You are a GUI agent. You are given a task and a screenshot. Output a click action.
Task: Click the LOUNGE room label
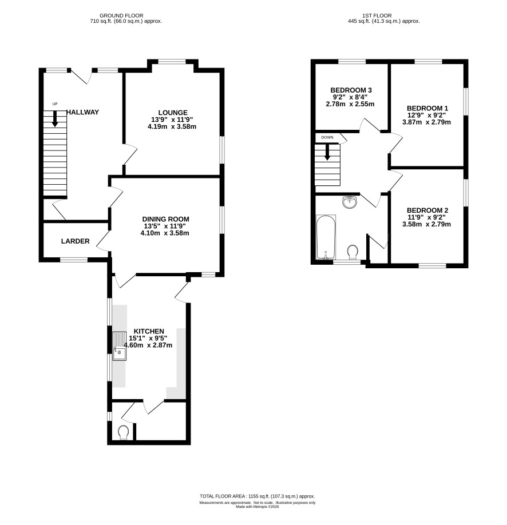173,113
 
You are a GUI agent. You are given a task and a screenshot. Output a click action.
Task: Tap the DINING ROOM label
165,219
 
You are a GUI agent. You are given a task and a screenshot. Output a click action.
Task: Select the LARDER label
76,241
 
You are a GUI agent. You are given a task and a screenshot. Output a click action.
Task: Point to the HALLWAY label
83,112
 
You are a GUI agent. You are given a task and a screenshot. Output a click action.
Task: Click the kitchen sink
120,346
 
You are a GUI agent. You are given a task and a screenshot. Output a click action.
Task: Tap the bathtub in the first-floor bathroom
326,237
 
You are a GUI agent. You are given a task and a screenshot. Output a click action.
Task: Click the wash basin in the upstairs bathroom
350,202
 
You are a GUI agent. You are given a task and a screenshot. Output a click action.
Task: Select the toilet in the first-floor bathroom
352,252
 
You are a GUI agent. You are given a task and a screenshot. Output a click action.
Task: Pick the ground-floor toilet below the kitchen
124,432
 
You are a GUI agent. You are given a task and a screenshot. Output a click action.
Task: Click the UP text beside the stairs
55,104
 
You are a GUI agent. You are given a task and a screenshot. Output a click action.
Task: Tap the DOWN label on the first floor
327,137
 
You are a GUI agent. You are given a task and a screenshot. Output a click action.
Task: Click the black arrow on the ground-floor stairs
55,118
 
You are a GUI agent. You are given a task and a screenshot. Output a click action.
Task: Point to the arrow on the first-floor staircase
327,152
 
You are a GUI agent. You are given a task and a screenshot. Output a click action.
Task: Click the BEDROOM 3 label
351,90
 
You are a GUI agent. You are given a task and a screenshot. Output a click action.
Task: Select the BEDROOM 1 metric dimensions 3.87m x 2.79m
426,122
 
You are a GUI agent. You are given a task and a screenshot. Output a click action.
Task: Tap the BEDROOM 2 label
427,210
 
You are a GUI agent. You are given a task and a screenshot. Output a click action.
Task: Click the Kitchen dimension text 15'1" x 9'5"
148,338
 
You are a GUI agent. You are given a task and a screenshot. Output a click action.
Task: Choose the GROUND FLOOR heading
121,15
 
